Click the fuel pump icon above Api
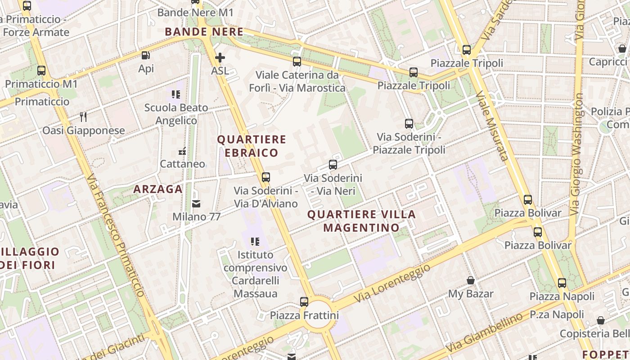click(x=145, y=55)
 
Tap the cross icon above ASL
click(x=220, y=58)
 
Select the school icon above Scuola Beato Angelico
click(x=176, y=94)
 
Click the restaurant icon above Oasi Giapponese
click(x=83, y=117)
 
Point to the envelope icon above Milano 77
click(x=196, y=204)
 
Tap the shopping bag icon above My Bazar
click(x=471, y=281)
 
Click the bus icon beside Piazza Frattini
click(x=304, y=301)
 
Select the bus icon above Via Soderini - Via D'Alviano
click(x=266, y=177)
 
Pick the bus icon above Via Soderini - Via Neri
click(x=333, y=165)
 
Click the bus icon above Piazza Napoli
click(x=562, y=283)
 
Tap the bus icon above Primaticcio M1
click(x=41, y=71)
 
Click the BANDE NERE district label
click(x=204, y=32)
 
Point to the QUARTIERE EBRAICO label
click(x=252, y=146)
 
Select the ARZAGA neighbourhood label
click(x=158, y=189)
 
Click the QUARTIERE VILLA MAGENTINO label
click(x=361, y=220)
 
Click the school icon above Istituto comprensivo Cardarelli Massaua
click(x=256, y=242)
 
